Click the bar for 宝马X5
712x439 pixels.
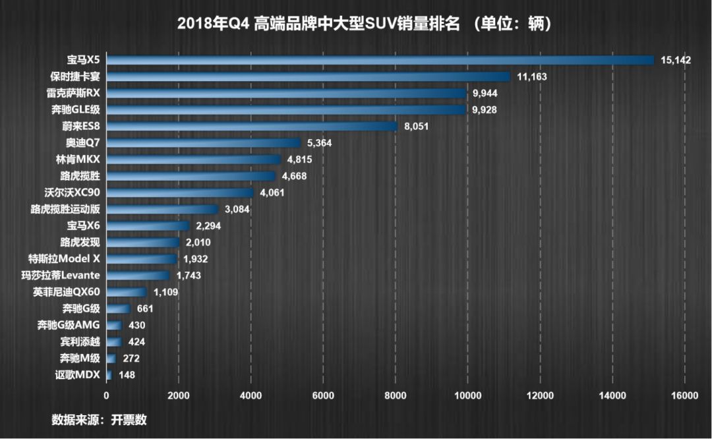379,60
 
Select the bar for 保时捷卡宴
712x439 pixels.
308,76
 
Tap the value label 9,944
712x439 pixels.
485,93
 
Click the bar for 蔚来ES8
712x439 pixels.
251,126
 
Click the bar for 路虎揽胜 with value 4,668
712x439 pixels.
191,176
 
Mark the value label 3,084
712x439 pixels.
237,210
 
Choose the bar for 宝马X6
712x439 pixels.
148,226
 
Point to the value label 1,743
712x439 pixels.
189,276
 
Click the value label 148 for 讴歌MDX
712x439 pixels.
127,375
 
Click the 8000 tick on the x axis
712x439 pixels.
395,395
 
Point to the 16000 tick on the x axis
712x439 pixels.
684,395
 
